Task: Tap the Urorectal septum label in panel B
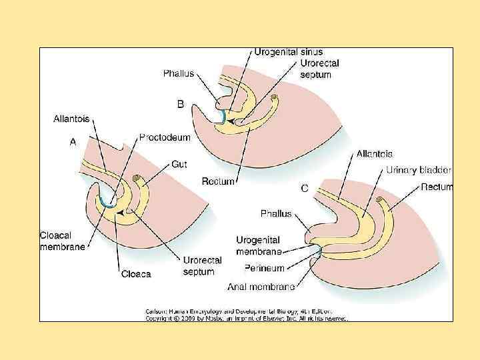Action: [x=319, y=69]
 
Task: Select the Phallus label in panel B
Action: [x=179, y=73]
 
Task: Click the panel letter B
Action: [x=180, y=104]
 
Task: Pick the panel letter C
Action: [x=304, y=189]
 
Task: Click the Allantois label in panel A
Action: [x=73, y=119]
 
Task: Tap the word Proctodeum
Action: [x=165, y=137]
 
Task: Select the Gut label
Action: [x=179, y=163]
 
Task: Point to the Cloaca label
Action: [x=136, y=273]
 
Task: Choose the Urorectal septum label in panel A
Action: [x=203, y=266]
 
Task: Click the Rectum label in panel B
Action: [x=218, y=181]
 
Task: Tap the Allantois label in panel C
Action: [x=374, y=153]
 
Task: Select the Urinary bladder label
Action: [x=419, y=170]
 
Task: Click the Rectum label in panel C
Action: [x=437, y=187]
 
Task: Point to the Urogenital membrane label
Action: [x=258, y=245]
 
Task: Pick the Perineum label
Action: [x=264, y=269]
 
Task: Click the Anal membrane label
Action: [x=261, y=287]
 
